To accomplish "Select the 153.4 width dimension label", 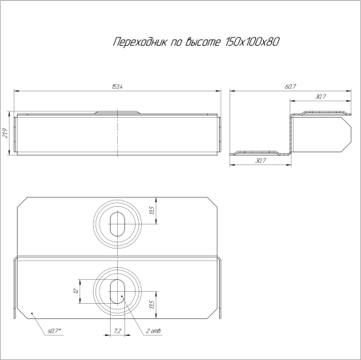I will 117,87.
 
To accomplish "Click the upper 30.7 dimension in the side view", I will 320,97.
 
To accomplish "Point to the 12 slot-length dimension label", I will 74,293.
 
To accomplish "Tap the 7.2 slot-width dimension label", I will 117,330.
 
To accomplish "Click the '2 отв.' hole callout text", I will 156,330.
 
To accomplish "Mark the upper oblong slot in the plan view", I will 117,222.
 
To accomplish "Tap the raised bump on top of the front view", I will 117,113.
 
